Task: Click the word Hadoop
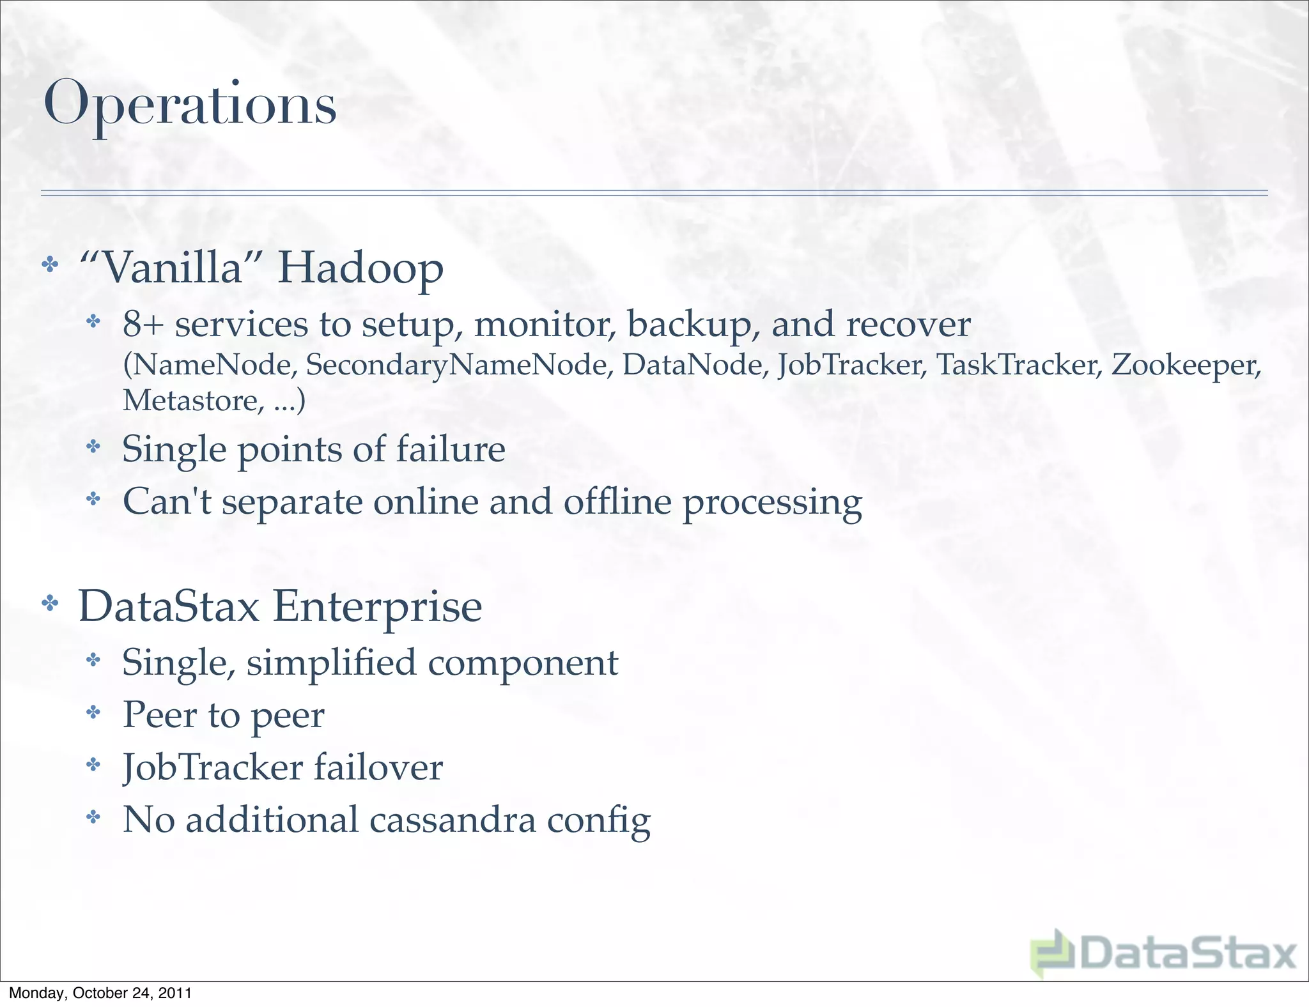(x=360, y=267)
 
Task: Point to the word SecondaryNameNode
(x=456, y=365)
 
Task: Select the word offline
(x=617, y=502)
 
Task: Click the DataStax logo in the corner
(x=1163, y=953)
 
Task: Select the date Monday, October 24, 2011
(x=100, y=993)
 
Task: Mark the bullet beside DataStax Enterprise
(x=50, y=603)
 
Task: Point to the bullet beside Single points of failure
(x=93, y=446)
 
